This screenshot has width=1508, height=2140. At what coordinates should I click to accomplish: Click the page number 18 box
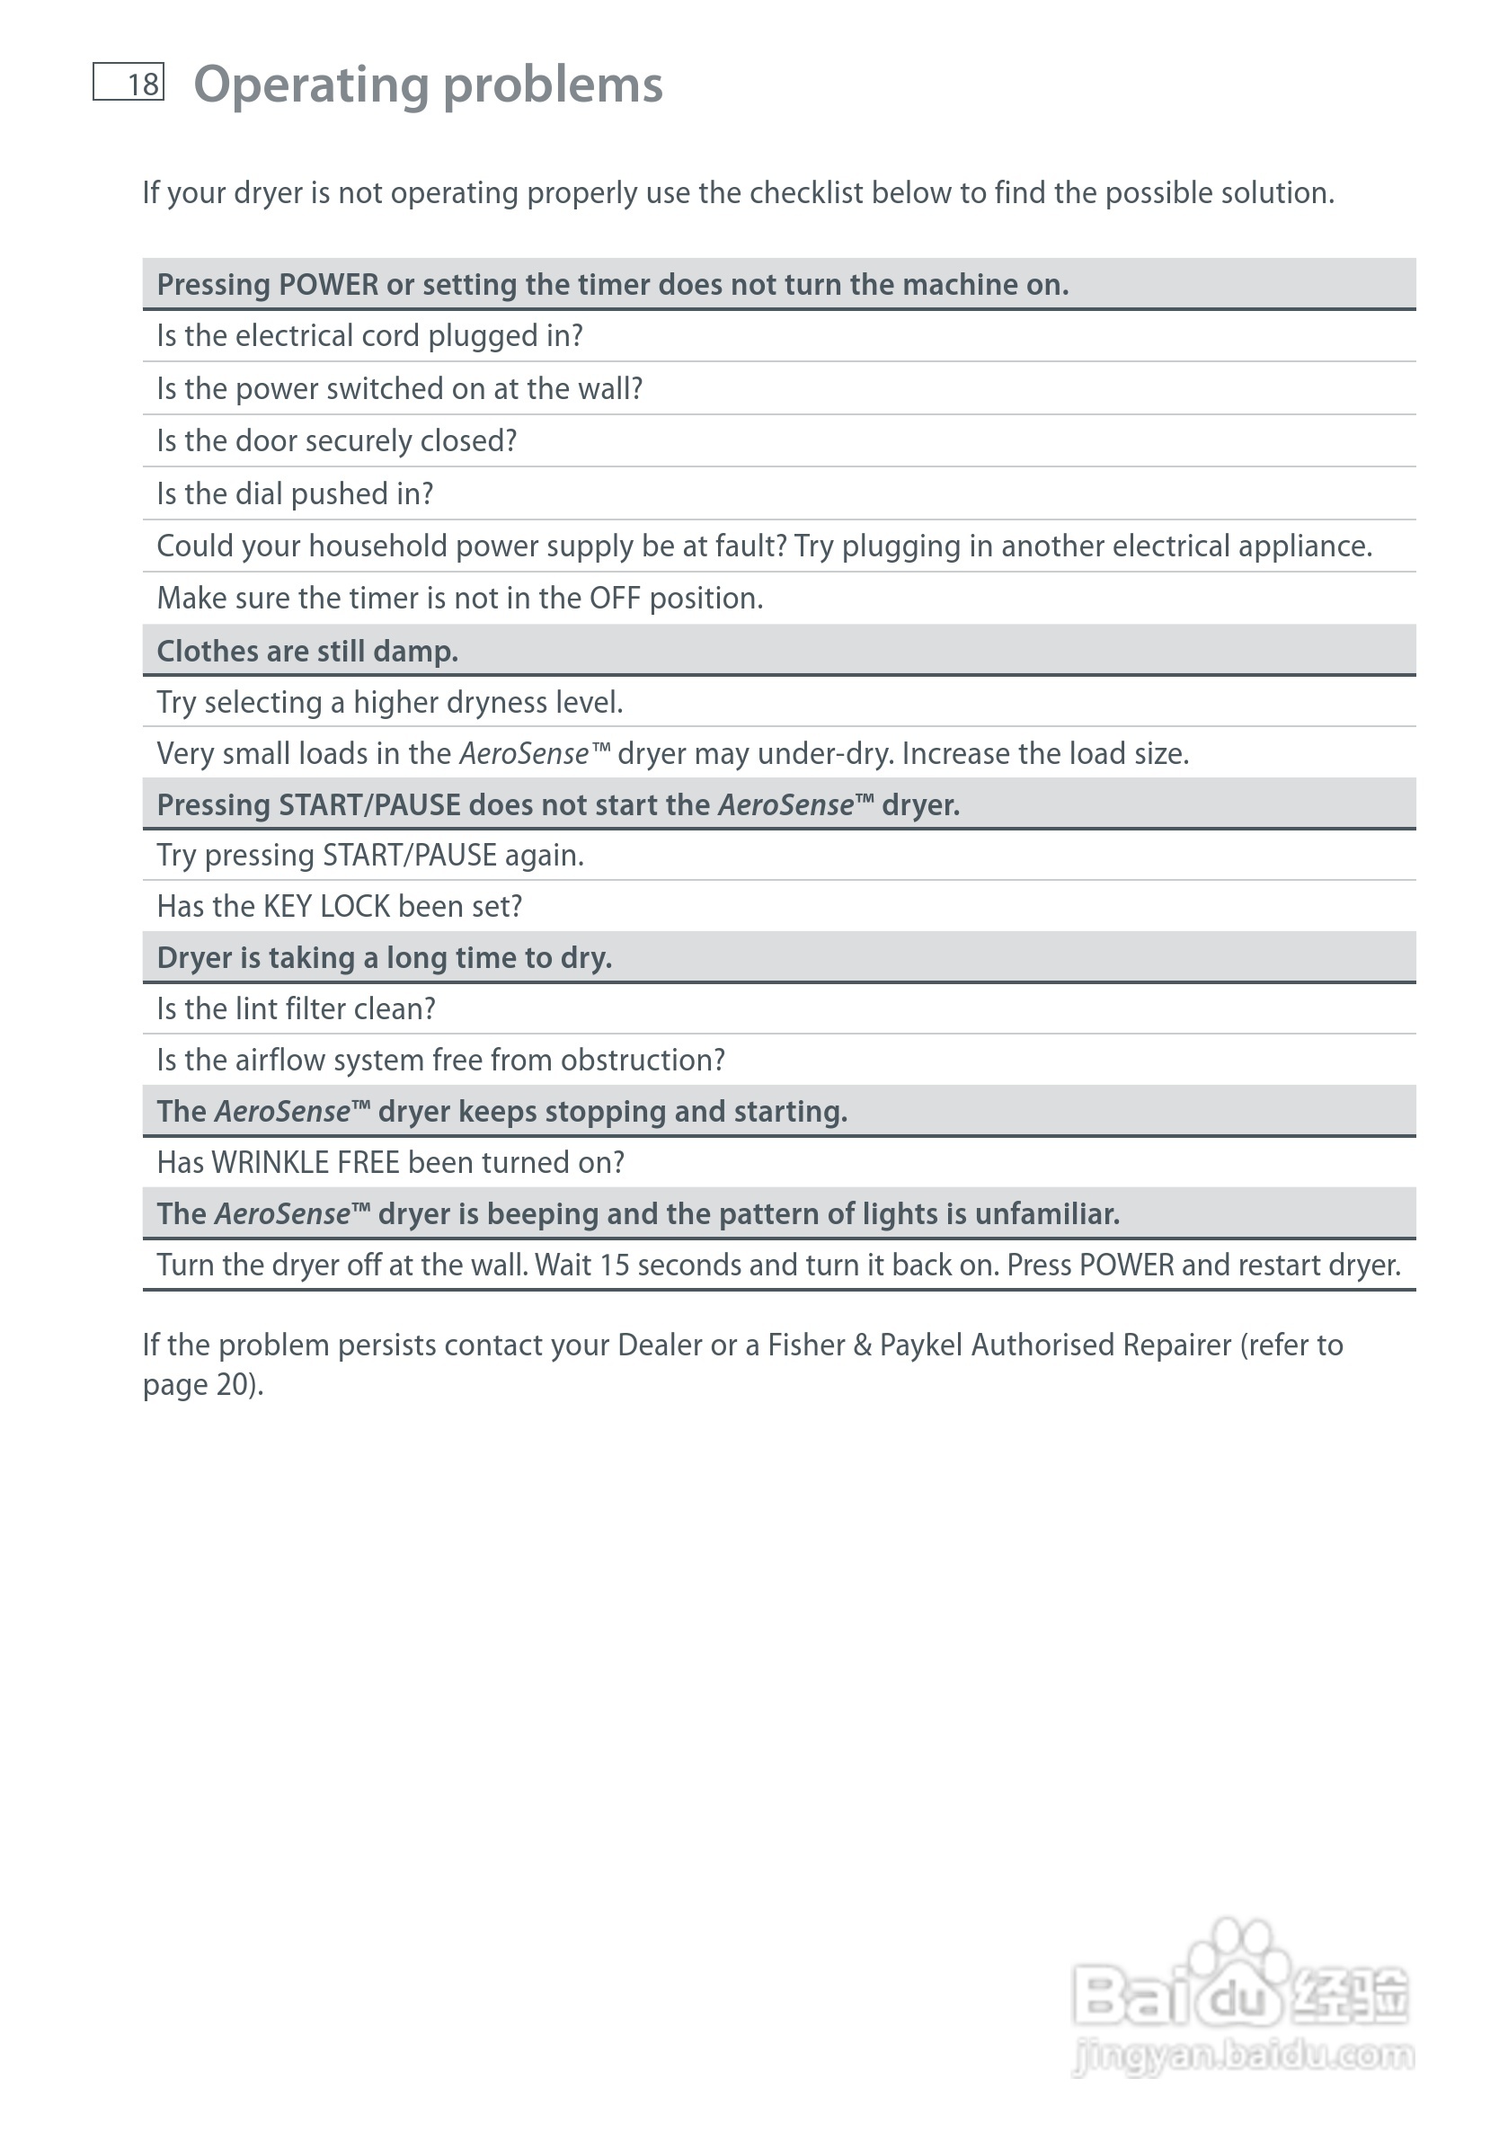[129, 82]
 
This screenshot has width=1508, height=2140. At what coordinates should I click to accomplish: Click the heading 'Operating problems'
[428, 84]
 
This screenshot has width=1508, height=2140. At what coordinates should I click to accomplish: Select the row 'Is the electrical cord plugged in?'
[369, 335]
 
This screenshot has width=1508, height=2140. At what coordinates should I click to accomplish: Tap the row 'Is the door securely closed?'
[336, 441]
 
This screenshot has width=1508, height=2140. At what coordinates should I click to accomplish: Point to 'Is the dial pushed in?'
[295, 494]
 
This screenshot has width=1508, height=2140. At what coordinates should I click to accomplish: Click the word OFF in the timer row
[614, 599]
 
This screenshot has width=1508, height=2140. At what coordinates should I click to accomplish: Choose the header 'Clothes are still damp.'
[307, 651]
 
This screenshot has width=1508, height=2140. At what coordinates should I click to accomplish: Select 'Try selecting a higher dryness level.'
[390, 702]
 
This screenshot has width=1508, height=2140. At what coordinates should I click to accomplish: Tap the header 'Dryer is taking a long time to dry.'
[384, 957]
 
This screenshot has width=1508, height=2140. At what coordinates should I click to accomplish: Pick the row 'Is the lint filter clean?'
[296, 1008]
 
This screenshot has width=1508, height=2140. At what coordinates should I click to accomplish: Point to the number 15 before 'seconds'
[615, 1265]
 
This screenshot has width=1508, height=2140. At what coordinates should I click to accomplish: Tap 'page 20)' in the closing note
[202, 1385]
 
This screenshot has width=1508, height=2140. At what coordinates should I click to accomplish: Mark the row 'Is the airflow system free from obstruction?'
[441, 1060]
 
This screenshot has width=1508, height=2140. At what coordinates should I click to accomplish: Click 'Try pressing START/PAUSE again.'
[370, 855]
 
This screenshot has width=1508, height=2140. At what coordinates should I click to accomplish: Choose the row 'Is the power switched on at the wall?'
[400, 388]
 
